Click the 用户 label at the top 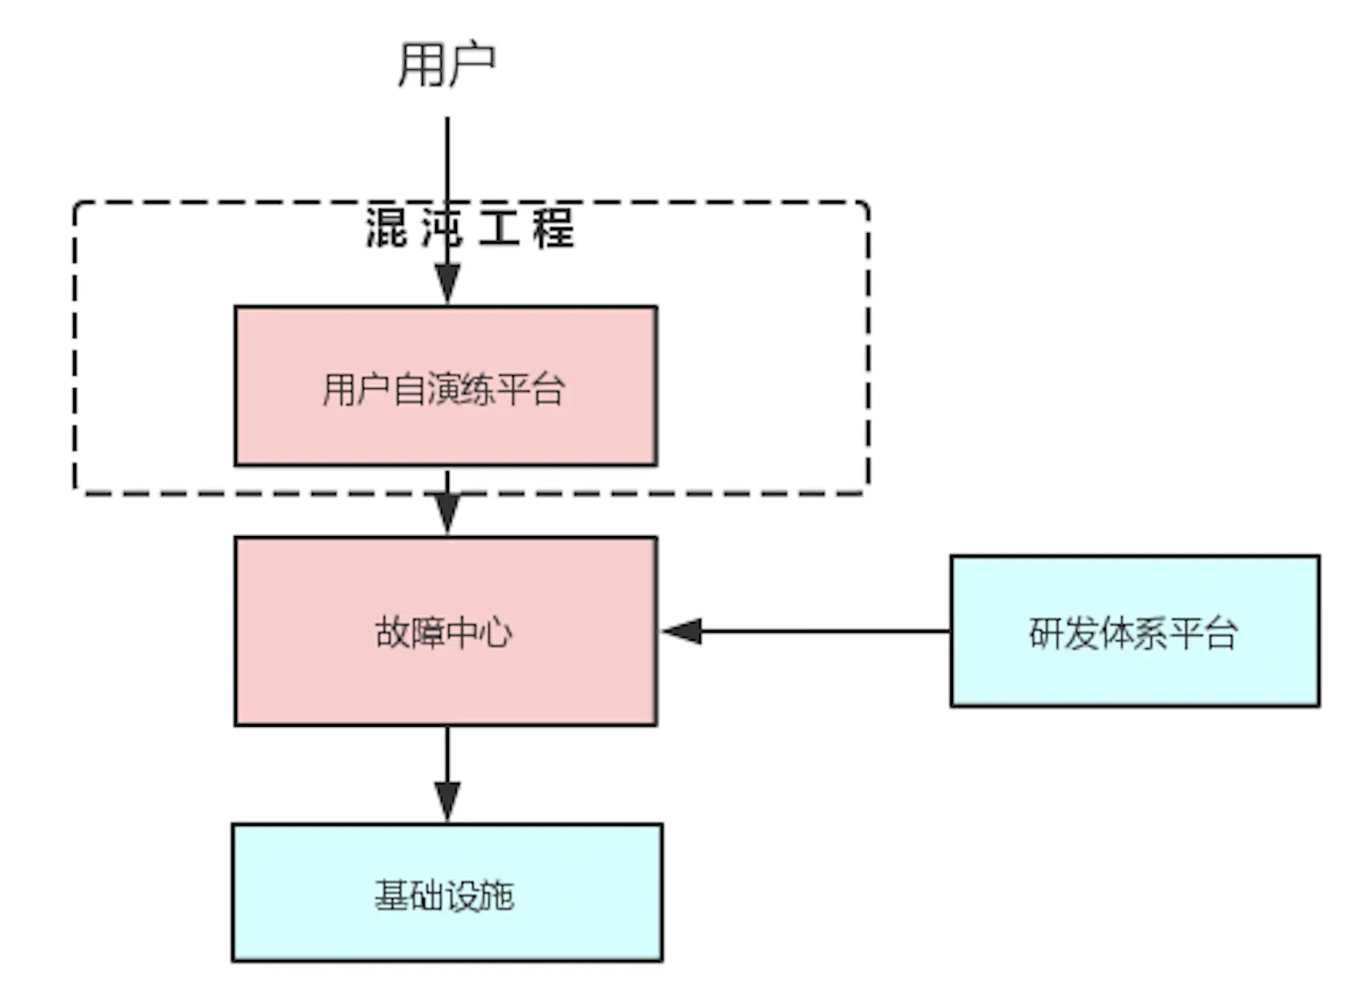click(446, 65)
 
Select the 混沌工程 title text click(469, 227)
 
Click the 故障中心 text click(443, 633)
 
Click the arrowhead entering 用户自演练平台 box click(447, 284)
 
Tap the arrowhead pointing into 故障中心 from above click(447, 513)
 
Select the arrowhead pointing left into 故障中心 click(682, 631)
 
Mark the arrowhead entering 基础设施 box click(447, 802)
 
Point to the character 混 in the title click(386, 227)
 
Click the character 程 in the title click(554, 227)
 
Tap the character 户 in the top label click(471, 65)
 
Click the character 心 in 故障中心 click(495, 633)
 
